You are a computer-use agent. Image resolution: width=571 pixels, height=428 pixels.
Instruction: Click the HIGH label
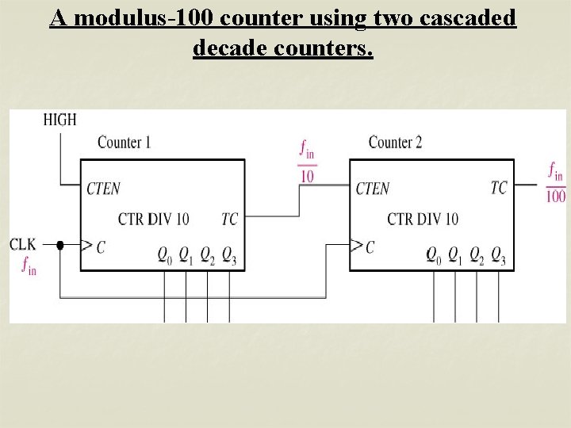(59, 120)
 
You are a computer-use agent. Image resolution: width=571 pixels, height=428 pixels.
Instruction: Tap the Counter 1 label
(124, 143)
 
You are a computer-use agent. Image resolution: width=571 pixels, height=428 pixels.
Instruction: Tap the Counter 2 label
(395, 143)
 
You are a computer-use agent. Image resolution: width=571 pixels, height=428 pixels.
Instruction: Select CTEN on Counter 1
(104, 188)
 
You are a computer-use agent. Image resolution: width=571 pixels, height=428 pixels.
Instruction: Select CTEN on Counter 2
(373, 188)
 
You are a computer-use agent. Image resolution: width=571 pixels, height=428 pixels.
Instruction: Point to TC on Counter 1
(229, 219)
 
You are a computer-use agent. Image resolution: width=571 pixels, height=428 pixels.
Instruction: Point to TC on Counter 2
(498, 187)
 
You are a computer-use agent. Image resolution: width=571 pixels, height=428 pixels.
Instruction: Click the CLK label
(23, 244)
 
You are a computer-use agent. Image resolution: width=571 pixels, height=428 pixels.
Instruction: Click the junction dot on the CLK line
(59, 246)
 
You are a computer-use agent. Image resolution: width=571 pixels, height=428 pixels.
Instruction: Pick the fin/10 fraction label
(307, 161)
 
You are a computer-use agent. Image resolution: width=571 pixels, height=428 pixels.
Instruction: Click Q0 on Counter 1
(164, 254)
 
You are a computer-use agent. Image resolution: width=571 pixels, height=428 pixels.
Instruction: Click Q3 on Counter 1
(229, 254)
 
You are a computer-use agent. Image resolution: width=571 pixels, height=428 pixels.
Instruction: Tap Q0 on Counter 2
(433, 254)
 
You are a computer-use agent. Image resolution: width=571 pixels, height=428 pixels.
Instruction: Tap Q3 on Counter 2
(498, 254)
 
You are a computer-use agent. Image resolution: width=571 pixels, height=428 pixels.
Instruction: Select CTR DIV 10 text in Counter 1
(154, 219)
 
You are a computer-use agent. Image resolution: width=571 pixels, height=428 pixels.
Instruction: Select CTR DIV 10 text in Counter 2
(423, 219)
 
